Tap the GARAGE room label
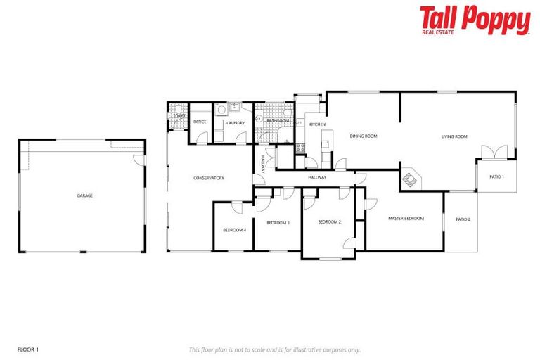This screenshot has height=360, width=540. (85, 195)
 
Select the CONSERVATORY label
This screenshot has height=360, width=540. (209, 178)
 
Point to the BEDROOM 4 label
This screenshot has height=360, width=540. (234, 230)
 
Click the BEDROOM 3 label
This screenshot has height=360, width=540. (278, 223)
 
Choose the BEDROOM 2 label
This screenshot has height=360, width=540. (329, 222)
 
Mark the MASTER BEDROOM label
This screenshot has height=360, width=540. (406, 219)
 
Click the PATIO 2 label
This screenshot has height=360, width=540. (463, 219)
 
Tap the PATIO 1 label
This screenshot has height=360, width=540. (497, 176)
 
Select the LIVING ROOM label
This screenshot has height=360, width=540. (455, 136)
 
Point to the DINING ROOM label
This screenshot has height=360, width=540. (364, 136)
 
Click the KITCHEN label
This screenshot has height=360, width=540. (318, 124)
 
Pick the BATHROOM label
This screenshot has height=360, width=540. (278, 120)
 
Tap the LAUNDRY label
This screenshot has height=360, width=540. (236, 123)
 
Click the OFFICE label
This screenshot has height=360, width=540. (200, 122)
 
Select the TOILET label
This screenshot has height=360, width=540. (179, 116)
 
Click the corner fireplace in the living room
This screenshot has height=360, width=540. (410, 179)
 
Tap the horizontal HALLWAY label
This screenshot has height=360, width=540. (317, 177)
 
